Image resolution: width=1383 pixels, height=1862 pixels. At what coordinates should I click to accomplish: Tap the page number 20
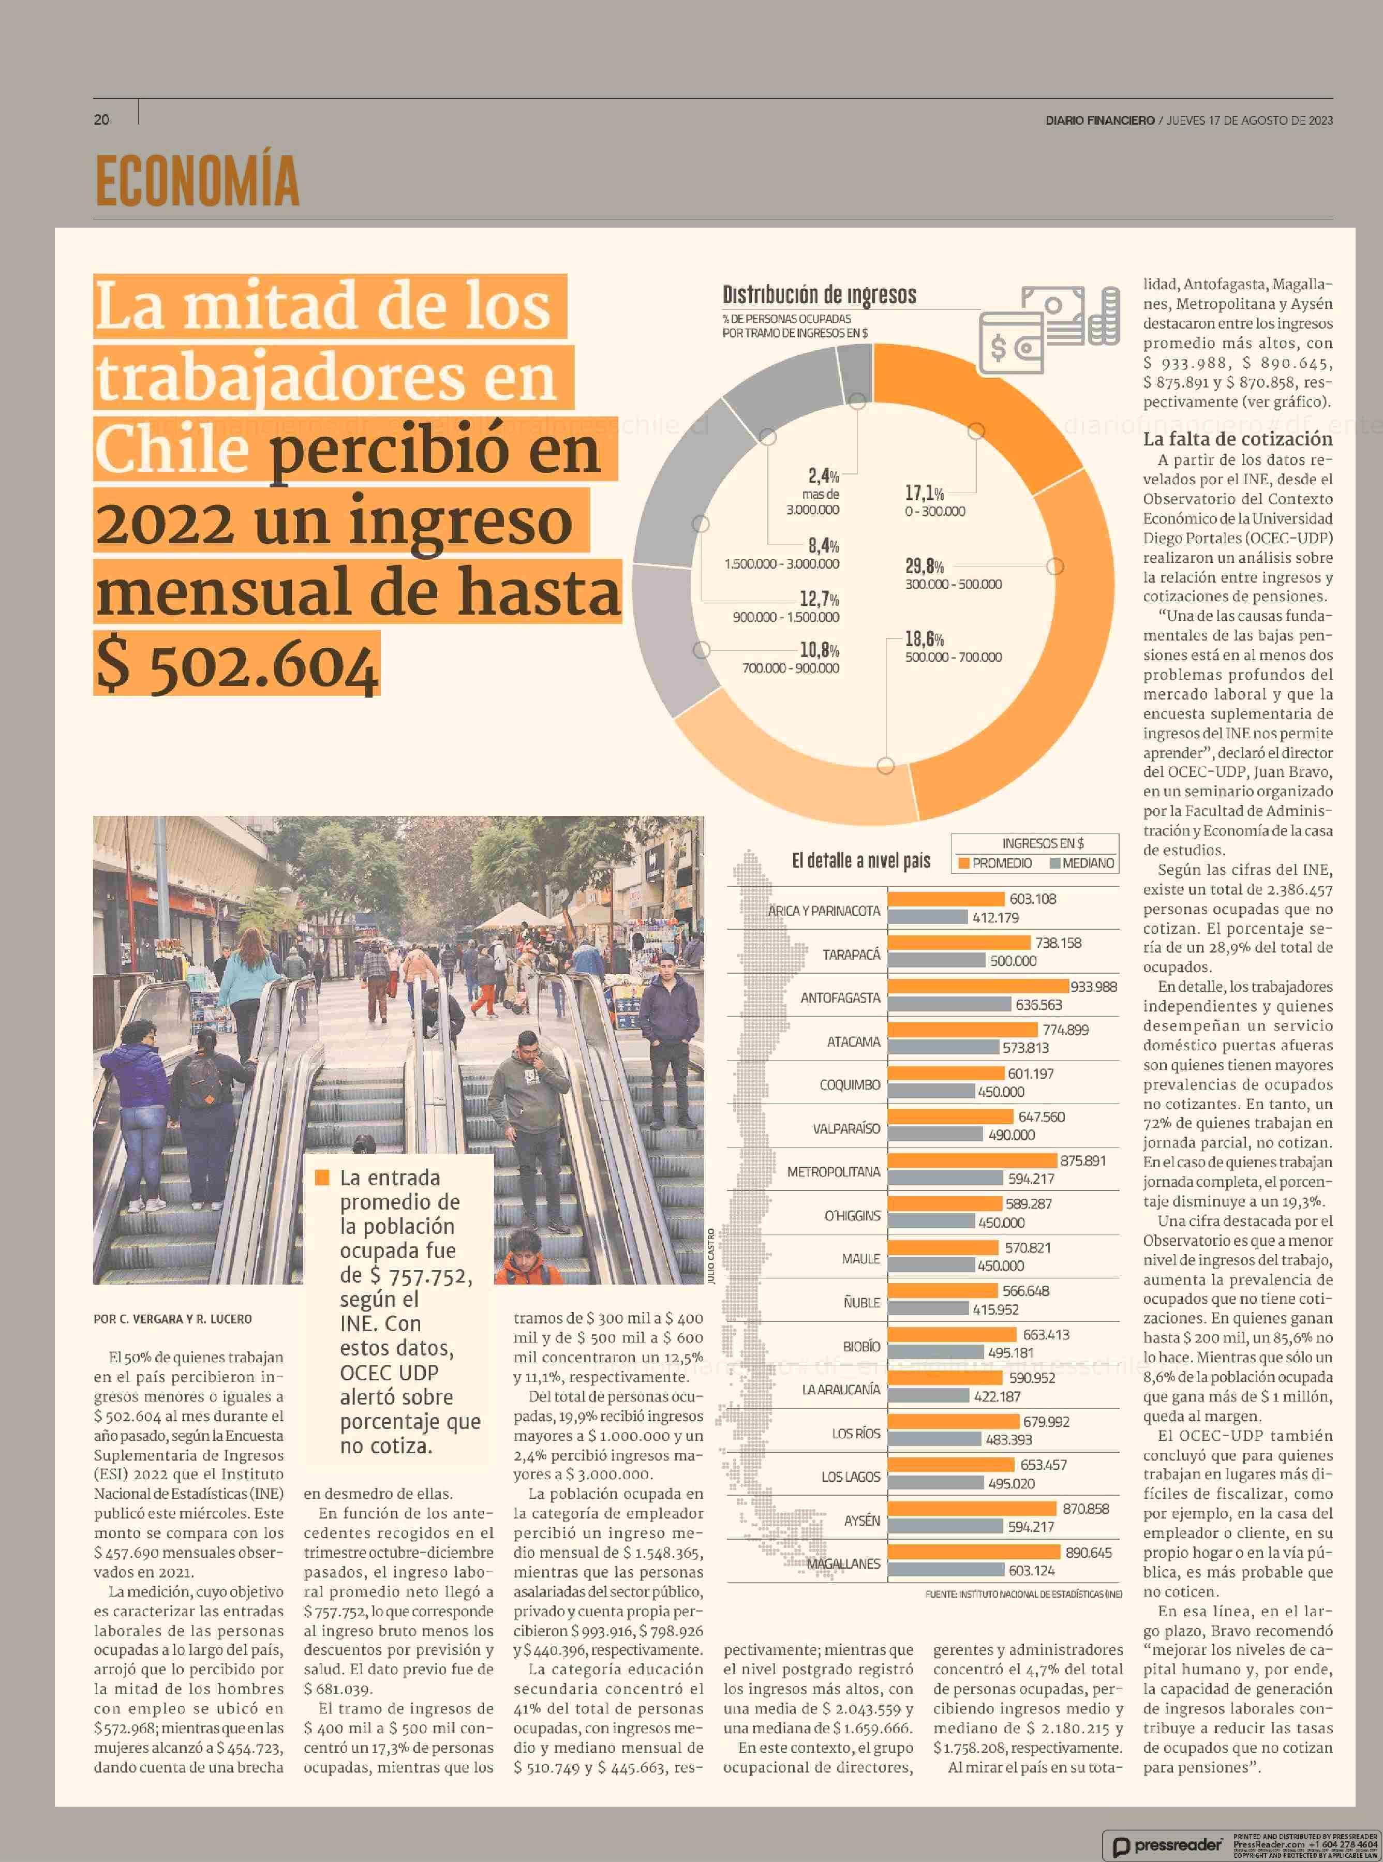tap(101, 120)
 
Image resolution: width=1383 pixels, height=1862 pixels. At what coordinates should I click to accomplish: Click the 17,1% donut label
tap(924, 493)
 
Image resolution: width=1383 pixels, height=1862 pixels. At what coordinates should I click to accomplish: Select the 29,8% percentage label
tap(924, 566)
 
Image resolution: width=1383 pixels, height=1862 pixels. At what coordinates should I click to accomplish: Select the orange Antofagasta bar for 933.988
tap(978, 986)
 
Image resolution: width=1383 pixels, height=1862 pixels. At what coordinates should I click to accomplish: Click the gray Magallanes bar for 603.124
tap(946, 1571)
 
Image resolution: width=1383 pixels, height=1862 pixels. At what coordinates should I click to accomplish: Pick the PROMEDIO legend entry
tap(995, 863)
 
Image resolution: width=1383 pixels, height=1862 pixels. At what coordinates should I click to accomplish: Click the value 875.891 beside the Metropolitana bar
tap(1082, 1160)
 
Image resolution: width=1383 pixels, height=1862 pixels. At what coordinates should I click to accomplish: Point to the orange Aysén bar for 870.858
tap(972, 1509)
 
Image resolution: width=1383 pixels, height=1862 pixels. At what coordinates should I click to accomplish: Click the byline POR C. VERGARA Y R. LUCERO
tap(172, 1319)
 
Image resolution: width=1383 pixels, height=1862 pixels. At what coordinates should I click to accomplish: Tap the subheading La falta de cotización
tap(1237, 439)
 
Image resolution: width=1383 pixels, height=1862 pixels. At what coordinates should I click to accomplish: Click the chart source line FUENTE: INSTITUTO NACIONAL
tap(1023, 1594)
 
